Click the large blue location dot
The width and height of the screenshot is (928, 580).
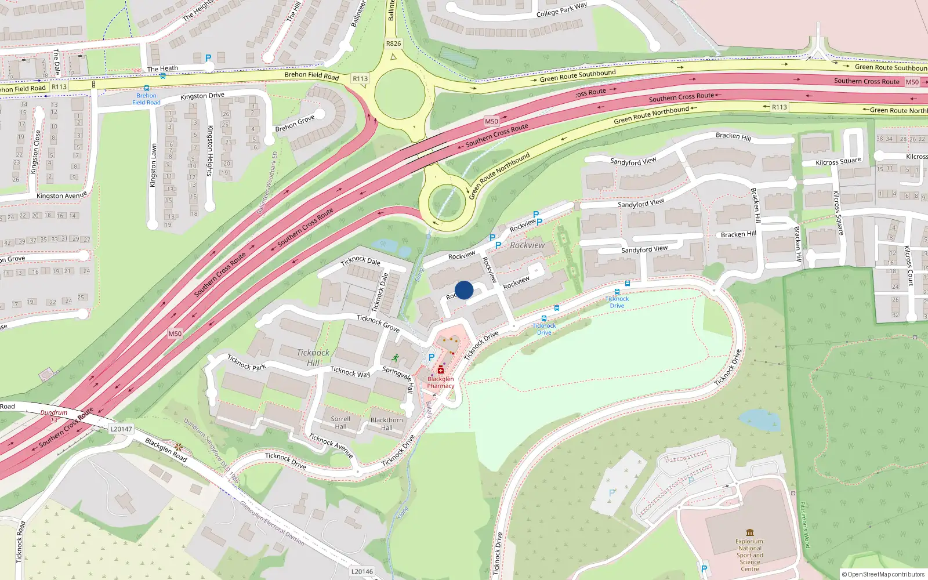tap(464, 290)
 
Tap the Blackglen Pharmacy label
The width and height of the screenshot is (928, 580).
tap(441, 382)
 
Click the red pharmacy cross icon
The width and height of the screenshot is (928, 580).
tap(441, 370)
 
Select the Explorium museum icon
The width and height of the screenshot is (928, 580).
tap(750, 532)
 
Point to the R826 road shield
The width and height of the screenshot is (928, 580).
tap(393, 43)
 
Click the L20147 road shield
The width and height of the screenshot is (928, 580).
tap(121, 429)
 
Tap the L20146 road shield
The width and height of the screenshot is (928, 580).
tap(362, 571)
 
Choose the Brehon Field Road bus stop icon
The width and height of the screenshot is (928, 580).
tap(146, 88)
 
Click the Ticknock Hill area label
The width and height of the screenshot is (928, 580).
tap(313, 357)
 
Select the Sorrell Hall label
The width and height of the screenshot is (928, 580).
tap(340, 423)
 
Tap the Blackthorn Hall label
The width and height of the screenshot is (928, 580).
tap(386, 424)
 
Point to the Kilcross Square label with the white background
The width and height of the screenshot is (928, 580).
tap(838, 162)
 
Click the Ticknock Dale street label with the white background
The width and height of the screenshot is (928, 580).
tap(361, 261)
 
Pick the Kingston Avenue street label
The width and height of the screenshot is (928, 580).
tap(61, 195)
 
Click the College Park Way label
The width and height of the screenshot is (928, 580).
tap(561, 10)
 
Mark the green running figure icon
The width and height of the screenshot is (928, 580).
tap(396, 358)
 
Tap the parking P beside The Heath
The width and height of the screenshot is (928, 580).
tap(208, 58)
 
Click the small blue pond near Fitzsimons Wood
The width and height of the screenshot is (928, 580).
tap(760, 420)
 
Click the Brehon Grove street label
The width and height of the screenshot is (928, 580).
tap(295, 124)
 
